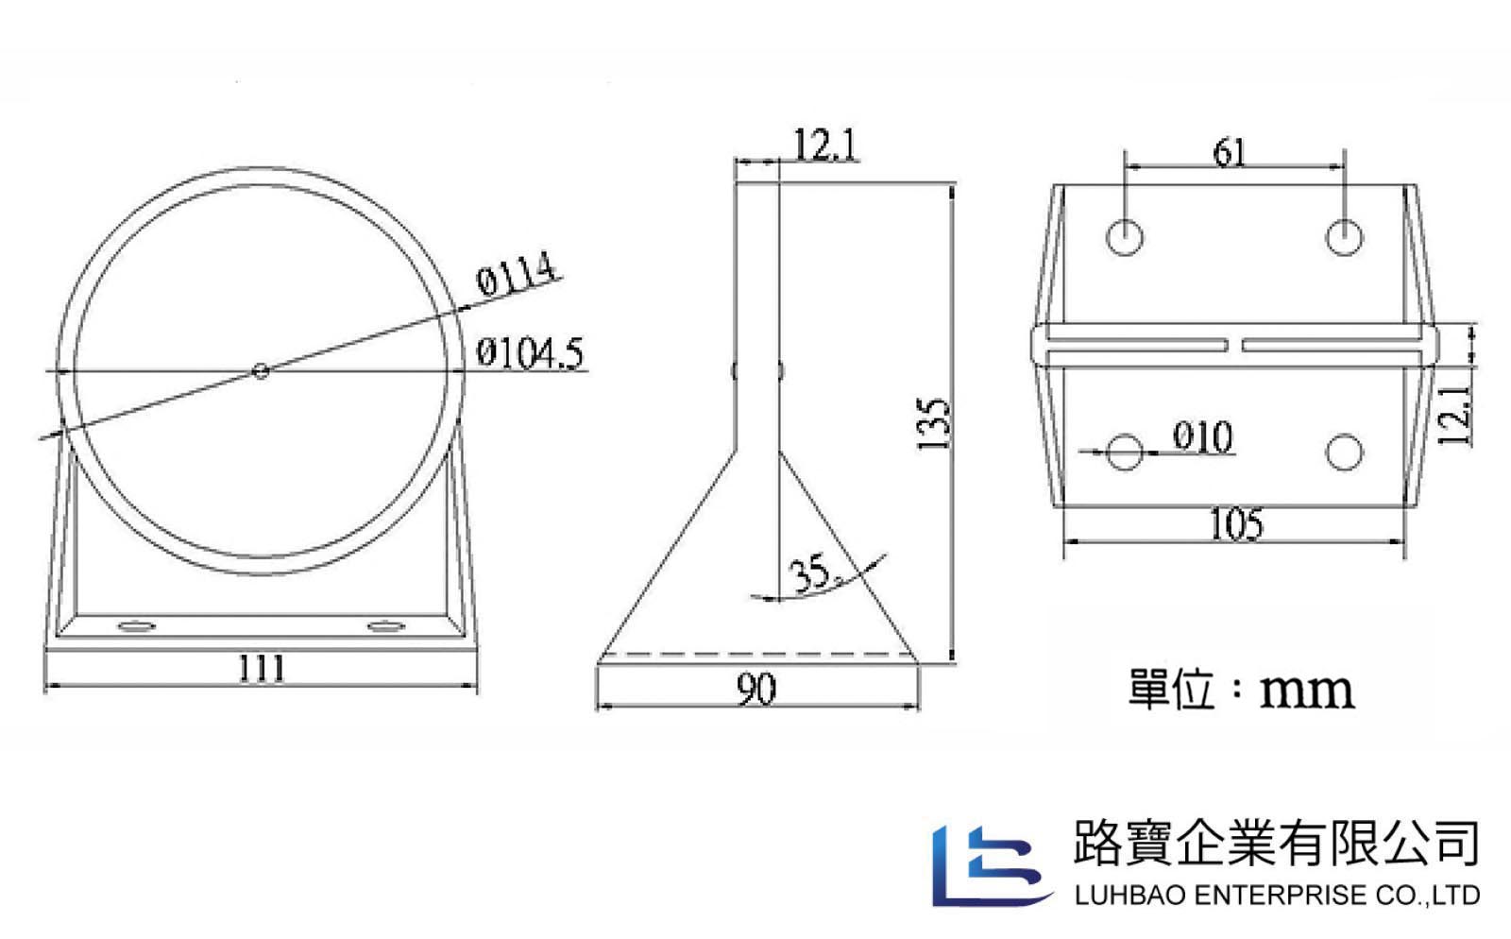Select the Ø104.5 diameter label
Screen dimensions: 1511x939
530,353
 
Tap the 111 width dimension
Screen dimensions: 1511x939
263,669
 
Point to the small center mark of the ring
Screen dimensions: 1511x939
261,370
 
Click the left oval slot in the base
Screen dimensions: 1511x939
137,626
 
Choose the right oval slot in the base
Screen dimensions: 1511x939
386,626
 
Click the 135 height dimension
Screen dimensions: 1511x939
934,423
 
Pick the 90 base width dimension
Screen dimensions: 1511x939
756,689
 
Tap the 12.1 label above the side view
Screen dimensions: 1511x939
824,145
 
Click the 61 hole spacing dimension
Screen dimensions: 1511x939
1230,152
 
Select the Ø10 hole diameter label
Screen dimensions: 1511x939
1203,436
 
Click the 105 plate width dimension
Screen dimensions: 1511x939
1236,525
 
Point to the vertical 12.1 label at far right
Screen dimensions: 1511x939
1454,415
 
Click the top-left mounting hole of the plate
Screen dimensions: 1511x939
1125,237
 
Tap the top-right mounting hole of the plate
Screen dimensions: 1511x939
1345,237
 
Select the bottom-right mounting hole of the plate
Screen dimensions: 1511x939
1345,452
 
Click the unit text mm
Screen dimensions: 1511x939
1307,691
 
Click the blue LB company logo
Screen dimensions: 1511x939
992,866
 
